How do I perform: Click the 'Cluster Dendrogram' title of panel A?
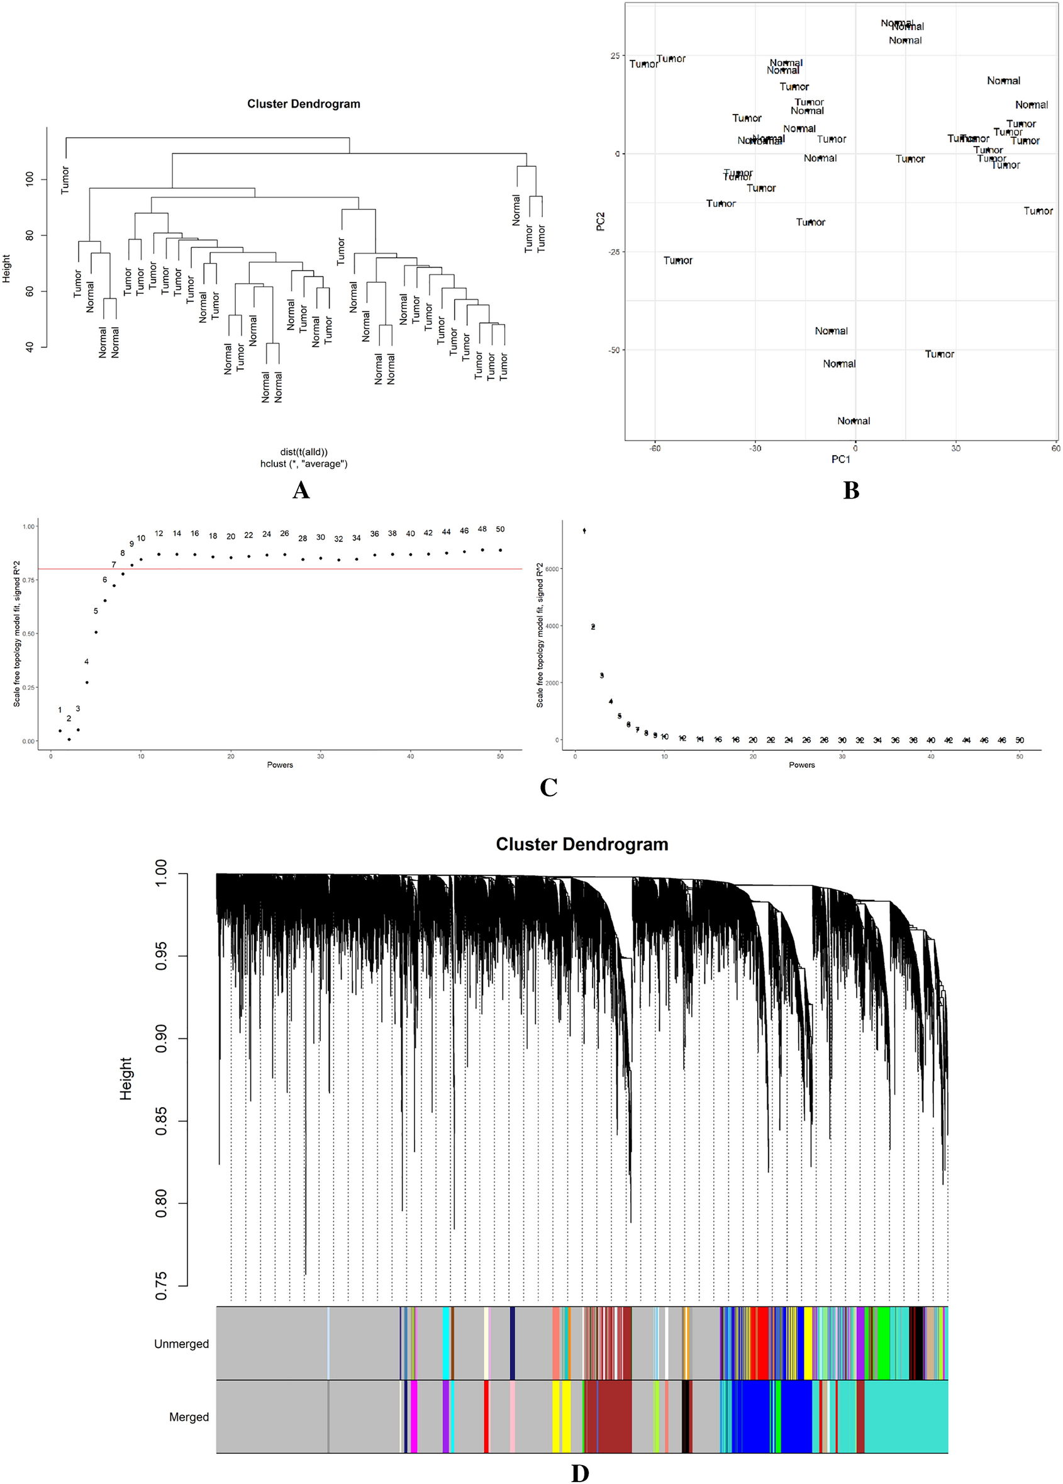(303, 104)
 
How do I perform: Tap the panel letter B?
(850, 491)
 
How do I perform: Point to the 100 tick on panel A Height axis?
(30, 179)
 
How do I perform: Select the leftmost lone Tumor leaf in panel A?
(65, 180)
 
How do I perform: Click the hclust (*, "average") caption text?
(304, 464)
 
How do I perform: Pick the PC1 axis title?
(840, 459)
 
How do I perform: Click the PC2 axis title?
(601, 221)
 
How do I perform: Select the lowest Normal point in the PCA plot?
(853, 421)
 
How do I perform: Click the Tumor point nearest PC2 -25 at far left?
(677, 261)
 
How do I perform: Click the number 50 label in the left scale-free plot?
(500, 529)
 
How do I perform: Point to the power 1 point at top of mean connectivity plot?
(584, 531)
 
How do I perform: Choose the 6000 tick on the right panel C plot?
(552, 568)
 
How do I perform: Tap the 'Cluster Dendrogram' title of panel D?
(582, 844)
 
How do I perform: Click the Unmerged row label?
(181, 1344)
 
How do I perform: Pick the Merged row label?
(189, 1417)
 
